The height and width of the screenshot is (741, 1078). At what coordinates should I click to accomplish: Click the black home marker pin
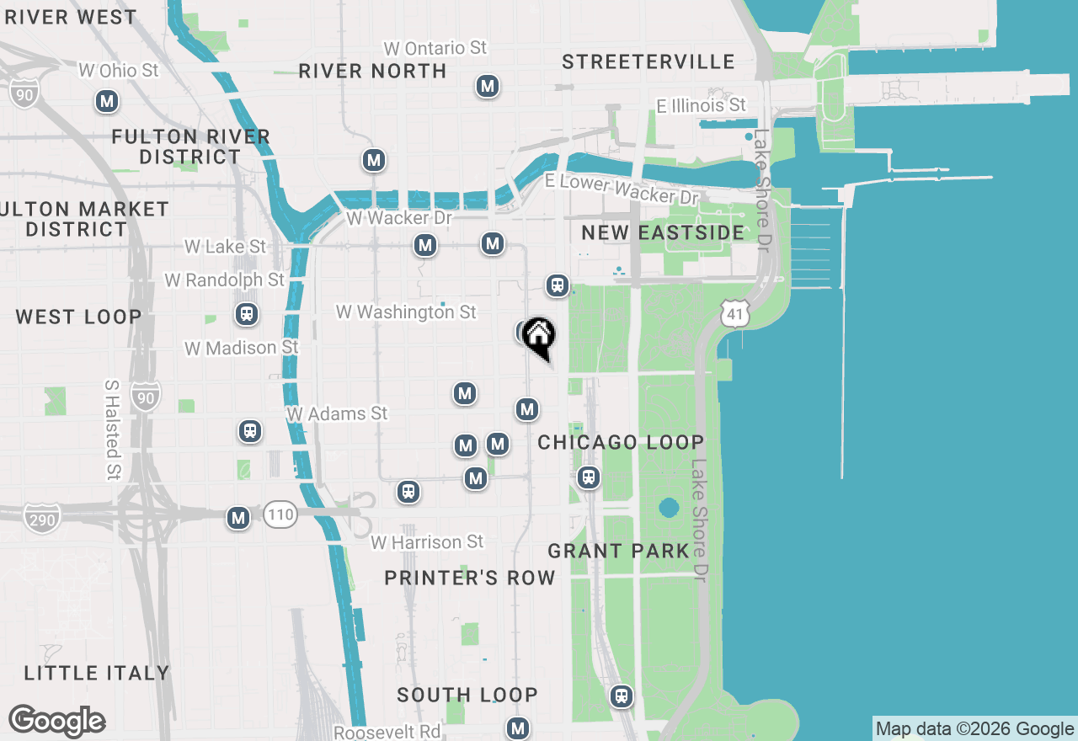pos(538,338)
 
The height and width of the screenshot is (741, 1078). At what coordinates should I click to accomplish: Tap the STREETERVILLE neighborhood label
pos(648,61)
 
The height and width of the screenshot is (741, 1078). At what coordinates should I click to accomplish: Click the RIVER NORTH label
pos(372,71)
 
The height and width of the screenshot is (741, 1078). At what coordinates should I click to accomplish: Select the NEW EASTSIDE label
pos(663,232)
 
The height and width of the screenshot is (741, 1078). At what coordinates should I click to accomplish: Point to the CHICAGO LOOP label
pos(621,442)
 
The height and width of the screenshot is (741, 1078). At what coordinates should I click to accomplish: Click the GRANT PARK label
pos(619,551)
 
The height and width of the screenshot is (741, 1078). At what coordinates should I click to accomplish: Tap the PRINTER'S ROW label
pos(470,578)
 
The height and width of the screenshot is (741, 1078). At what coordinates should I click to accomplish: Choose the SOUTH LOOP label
pos(467,695)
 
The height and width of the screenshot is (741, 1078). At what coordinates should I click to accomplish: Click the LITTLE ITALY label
pos(97,673)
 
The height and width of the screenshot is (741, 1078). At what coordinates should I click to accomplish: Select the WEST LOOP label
pos(78,317)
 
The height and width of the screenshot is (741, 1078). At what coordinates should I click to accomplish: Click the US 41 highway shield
pos(735,314)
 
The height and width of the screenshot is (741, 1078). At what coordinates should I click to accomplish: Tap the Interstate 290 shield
pos(42,518)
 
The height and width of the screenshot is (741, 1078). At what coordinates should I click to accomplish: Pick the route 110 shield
pos(280,514)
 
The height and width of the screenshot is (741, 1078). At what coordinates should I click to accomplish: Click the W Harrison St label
pos(428,542)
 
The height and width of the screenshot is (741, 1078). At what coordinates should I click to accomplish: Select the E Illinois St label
pos(702,105)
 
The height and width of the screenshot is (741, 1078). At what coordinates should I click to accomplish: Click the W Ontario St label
pos(435,48)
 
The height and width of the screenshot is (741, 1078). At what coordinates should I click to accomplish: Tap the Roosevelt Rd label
pos(387,732)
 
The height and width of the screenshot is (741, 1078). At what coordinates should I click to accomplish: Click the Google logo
pos(57,722)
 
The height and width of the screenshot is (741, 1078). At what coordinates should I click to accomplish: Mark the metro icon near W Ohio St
pos(106,102)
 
